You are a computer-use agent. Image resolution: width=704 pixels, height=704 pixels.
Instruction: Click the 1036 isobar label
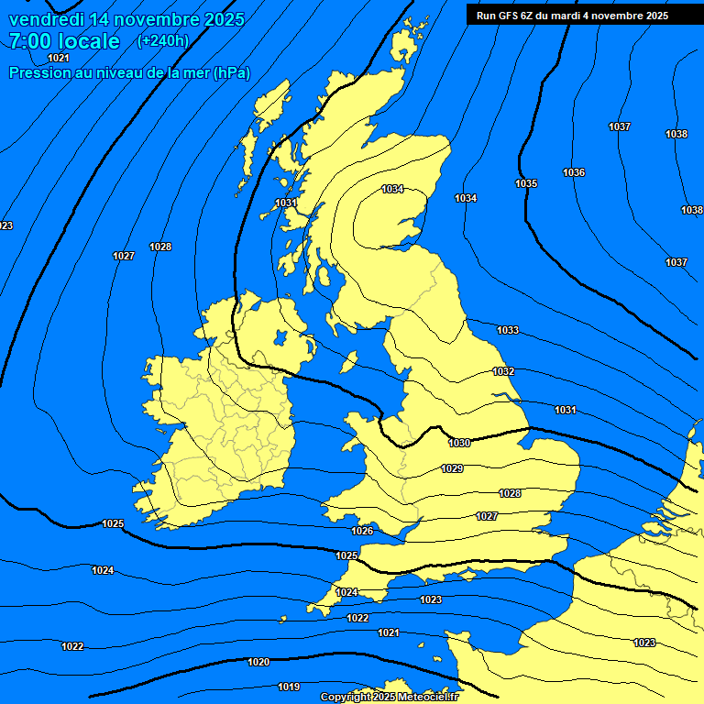tap(574, 172)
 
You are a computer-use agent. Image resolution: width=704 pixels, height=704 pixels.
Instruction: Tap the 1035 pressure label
tap(526, 183)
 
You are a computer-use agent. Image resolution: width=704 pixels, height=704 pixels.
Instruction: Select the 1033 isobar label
tap(507, 330)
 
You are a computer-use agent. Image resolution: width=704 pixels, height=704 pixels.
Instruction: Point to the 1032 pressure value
tap(503, 371)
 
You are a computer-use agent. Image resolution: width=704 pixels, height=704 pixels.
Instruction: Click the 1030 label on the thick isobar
tap(459, 443)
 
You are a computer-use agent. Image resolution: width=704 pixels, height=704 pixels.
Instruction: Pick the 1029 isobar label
tap(452, 468)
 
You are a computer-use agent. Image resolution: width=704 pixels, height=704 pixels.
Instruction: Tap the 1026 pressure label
tap(362, 531)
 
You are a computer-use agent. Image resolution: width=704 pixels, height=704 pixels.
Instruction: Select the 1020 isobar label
tap(258, 662)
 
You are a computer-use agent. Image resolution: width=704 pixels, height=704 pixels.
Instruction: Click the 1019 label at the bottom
tap(289, 687)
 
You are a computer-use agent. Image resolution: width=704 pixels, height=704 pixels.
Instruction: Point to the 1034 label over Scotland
tap(392, 189)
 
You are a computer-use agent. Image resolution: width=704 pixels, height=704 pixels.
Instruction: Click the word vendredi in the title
tap(47, 19)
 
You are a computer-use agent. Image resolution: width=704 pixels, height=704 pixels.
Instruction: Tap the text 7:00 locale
tap(64, 41)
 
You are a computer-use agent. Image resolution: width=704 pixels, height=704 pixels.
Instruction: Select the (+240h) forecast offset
tap(163, 40)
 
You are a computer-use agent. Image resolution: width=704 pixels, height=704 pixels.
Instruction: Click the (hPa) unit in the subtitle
tap(231, 72)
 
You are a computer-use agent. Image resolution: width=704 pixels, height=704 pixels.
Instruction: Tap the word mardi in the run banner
tap(580, 16)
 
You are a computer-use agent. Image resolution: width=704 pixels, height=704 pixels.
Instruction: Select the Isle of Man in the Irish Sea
tap(348, 361)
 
